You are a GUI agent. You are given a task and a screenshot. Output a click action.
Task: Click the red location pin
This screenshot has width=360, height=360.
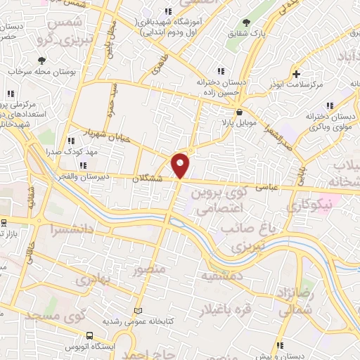(x=181, y=166)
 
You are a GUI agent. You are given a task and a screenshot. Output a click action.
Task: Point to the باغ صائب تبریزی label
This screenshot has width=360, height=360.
(x=245, y=238)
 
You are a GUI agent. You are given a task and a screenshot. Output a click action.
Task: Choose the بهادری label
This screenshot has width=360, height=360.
(x=94, y=280)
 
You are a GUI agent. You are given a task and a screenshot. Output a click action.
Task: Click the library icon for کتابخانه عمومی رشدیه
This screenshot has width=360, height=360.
(x=138, y=310)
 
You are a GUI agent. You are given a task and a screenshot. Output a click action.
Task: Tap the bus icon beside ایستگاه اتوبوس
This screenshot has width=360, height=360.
(x=89, y=335)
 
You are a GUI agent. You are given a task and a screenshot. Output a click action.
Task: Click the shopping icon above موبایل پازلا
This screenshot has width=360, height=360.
(x=240, y=112)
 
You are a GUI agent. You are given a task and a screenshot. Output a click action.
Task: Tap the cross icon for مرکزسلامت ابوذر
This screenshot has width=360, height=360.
(x=297, y=73)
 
